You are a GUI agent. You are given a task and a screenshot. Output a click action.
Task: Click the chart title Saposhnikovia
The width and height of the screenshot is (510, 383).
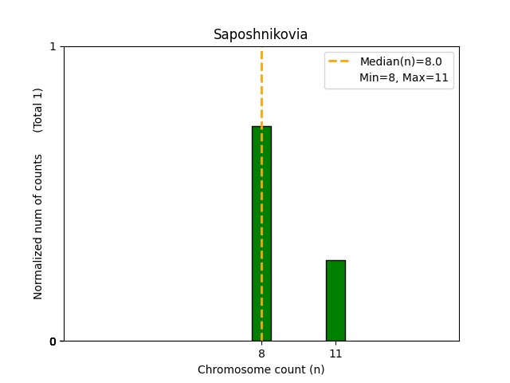click(261, 34)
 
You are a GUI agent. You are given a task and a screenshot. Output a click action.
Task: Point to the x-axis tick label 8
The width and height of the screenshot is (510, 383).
click(261, 353)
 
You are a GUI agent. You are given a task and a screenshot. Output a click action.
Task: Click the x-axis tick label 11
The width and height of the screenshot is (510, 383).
click(335, 353)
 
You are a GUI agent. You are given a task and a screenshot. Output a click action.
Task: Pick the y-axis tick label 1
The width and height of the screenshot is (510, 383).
click(53, 46)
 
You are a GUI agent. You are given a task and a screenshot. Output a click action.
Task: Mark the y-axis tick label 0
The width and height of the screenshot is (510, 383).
click(53, 342)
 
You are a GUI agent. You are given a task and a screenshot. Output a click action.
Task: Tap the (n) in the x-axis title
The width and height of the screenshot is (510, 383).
click(316, 369)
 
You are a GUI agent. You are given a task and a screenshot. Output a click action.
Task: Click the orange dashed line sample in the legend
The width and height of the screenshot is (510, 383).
click(339, 61)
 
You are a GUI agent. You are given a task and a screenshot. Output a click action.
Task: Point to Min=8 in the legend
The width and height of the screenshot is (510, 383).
click(376, 78)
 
